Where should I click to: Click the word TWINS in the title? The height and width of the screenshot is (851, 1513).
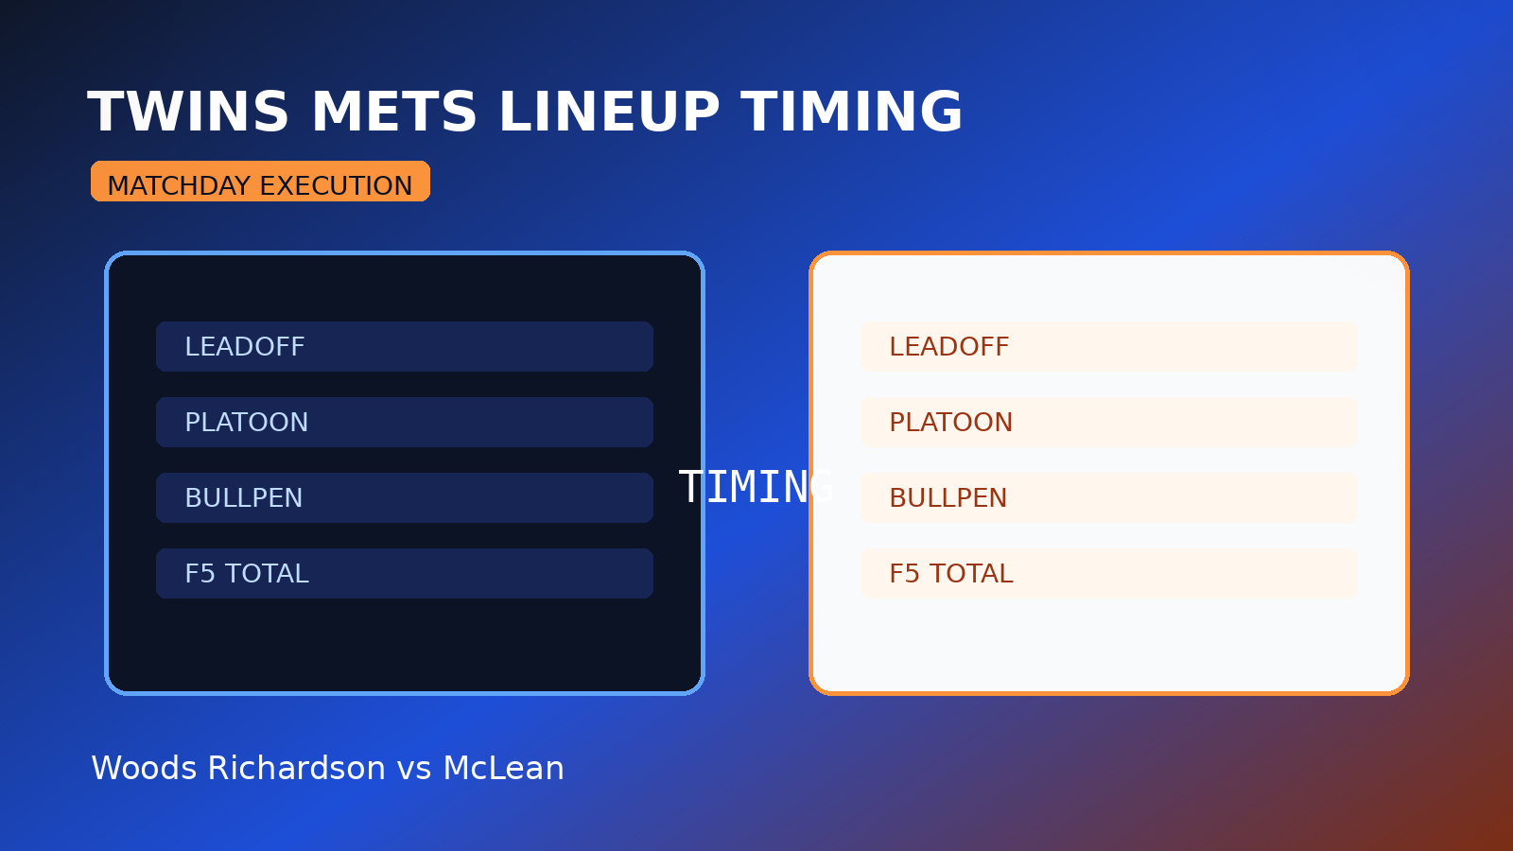(x=187, y=113)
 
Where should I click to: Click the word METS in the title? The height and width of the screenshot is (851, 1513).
(x=393, y=113)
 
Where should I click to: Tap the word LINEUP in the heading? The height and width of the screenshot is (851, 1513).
(x=609, y=113)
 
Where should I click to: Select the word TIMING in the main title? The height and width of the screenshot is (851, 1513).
(x=851, y=113)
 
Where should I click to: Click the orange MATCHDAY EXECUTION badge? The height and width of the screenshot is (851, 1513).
(x=260, y=182)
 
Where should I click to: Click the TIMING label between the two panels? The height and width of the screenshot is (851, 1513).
(x=756, y=488)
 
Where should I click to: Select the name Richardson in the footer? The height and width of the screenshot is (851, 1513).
(x=296, y=769)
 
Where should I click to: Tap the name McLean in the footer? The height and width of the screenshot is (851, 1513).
(x=503, y=769)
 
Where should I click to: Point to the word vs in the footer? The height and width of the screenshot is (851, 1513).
(x=414, y=769)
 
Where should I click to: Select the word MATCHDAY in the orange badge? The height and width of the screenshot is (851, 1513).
(x=179, y=186)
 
